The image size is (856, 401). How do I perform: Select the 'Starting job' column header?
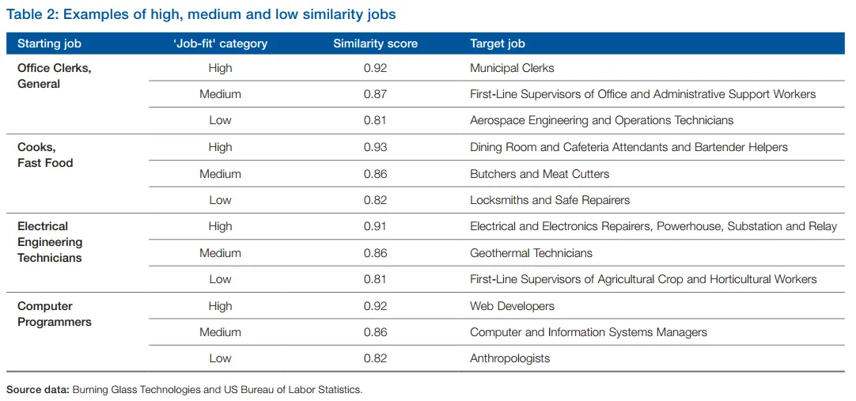[49, 44]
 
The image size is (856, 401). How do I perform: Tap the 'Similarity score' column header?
[375, 44]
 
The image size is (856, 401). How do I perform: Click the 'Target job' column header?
[497, 44]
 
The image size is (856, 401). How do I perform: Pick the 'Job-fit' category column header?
[220, 44]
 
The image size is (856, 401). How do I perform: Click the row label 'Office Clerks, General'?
[54, 76]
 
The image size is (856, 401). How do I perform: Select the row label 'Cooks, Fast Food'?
[45, 155]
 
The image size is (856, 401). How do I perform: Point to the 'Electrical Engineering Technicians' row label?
[50, 242]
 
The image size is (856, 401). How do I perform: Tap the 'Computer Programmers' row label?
[55, 314]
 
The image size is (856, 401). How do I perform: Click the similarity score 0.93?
[375, 147]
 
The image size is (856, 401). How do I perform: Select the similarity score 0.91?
[375, 226]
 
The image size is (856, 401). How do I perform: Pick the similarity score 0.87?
[375, 94]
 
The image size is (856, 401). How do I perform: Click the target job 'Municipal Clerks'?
[512, 68]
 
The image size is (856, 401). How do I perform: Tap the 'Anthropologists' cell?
[509, 358]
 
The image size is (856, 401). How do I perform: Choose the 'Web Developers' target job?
[512, 306]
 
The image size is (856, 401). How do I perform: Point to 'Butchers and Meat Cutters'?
[540, 174]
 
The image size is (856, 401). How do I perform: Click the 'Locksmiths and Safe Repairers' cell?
[550, 200]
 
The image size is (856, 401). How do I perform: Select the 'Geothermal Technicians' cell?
[531, 253]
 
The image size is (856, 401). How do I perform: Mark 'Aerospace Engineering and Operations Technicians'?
[601, 120]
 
